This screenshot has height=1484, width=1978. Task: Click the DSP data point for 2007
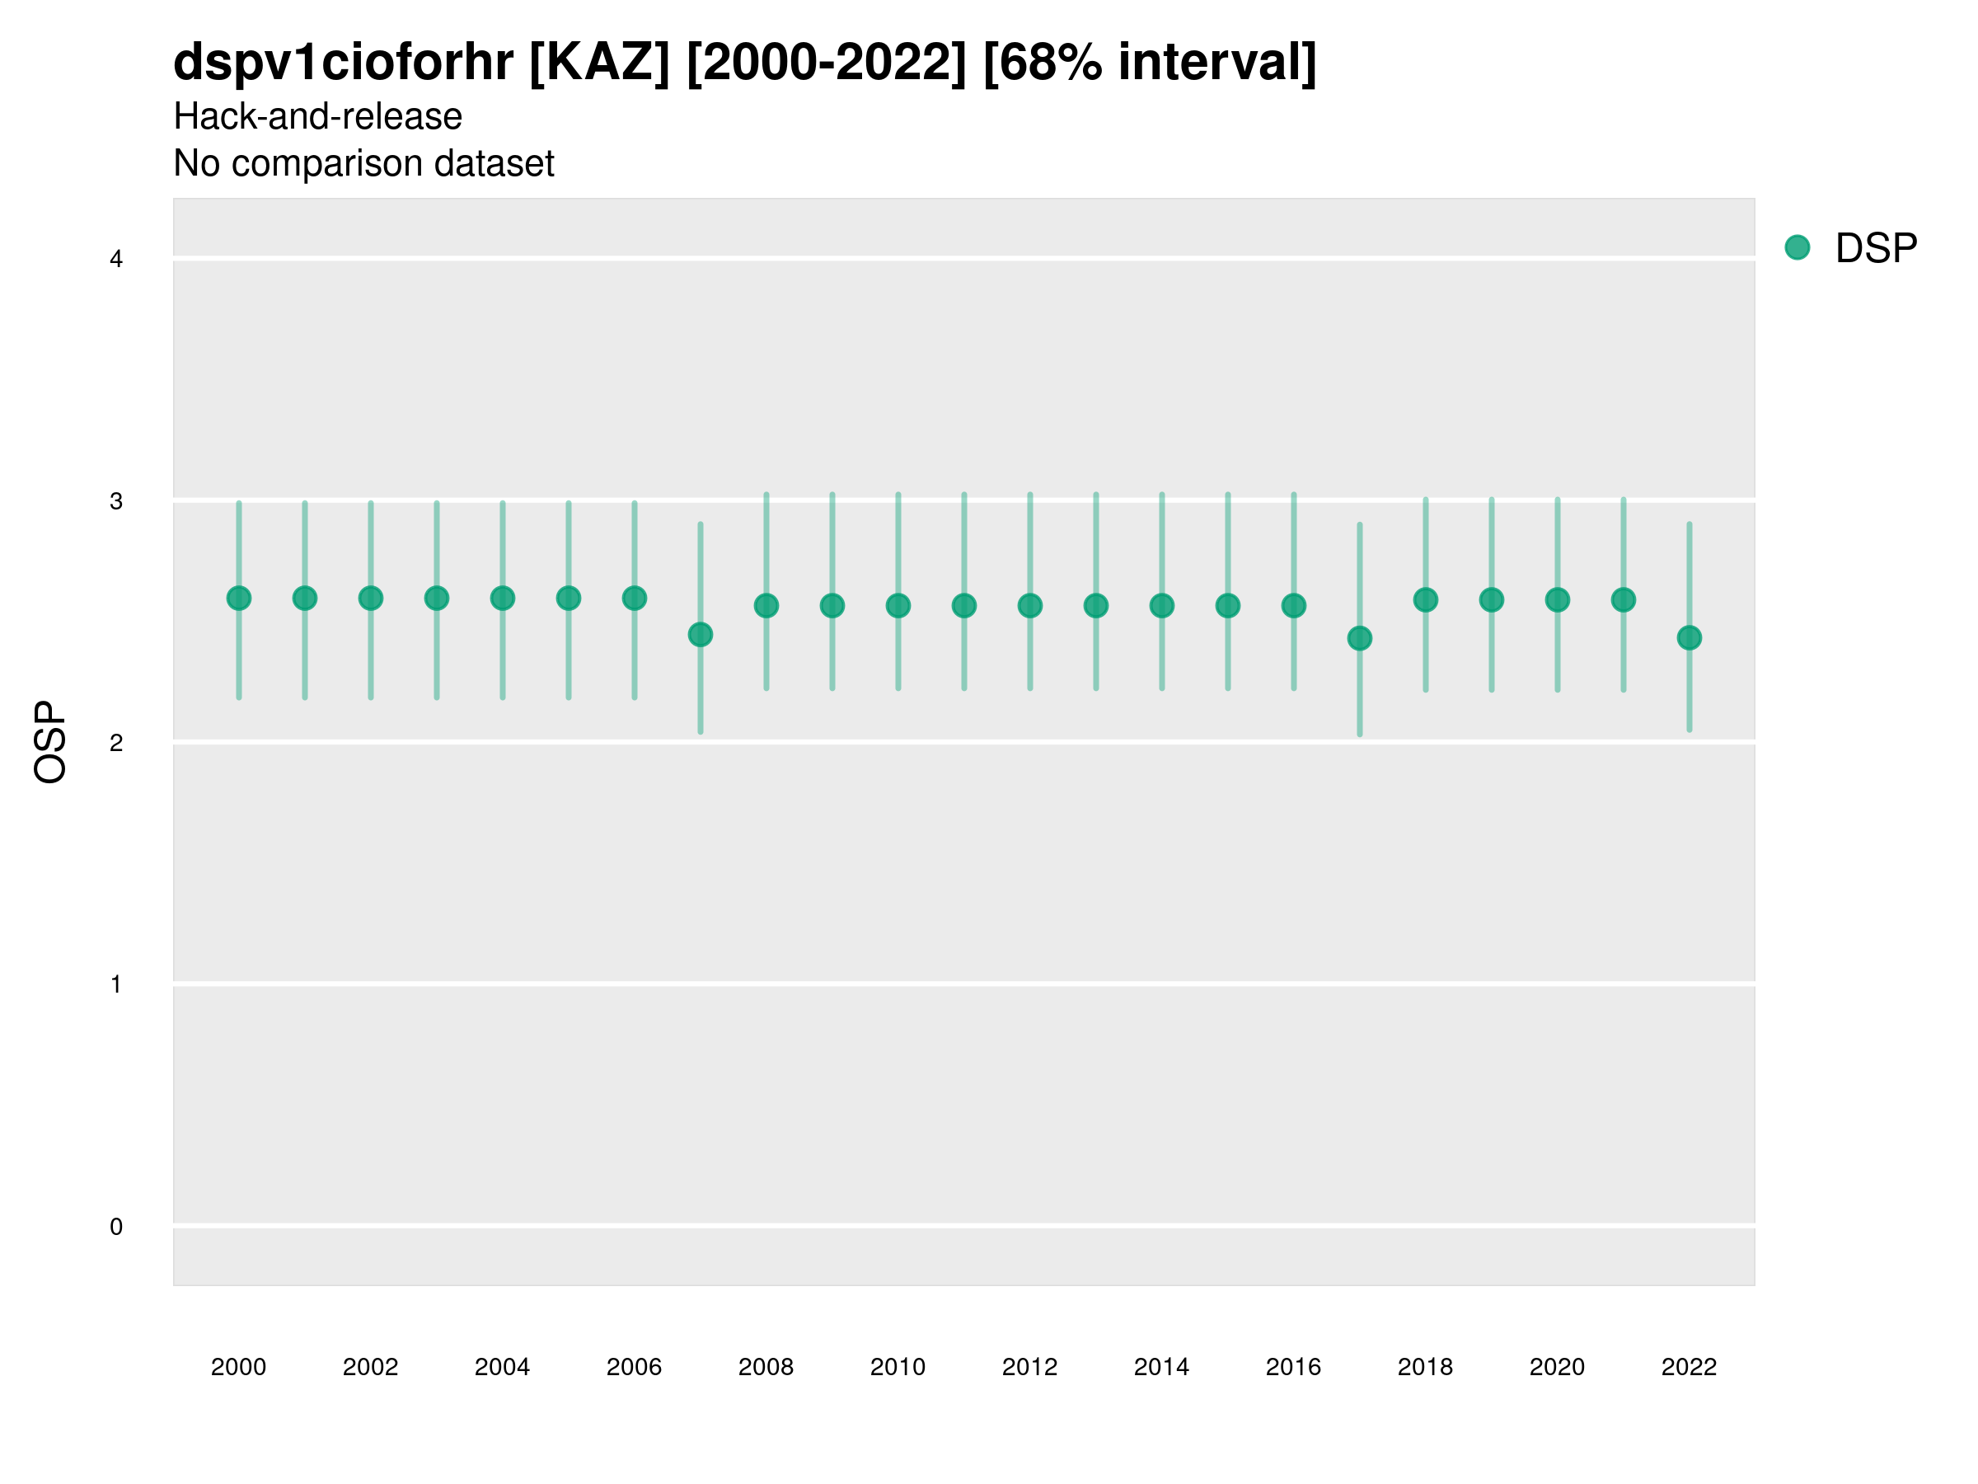point(701,634)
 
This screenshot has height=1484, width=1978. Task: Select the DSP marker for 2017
point(1359,638)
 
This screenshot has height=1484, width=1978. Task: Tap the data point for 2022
point(1690,638)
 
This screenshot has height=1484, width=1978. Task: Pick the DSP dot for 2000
point(239,598)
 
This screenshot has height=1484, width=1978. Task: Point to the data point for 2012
point(1030,606)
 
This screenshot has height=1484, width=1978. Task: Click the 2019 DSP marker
point(1492,599)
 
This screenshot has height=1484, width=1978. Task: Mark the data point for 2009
point(832,606)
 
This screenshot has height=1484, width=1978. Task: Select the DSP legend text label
point(1876,249)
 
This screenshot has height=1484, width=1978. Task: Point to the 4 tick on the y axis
point(116,260)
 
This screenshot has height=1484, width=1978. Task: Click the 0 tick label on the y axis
point(116,1227)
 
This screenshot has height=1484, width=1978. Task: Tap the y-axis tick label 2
point(116,743)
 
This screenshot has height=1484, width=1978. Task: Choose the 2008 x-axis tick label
point(766,1367)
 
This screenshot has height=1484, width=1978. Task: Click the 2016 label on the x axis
point(1293,1367)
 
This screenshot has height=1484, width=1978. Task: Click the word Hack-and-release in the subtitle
point(317,116)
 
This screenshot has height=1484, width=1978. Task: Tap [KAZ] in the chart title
point(599,63)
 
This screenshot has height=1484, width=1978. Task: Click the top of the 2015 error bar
point(1228,494)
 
